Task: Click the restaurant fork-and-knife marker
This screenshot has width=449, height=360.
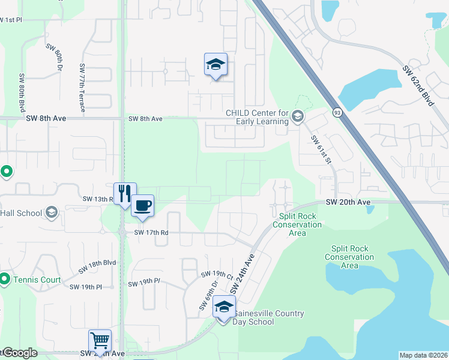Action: click(x=125, y=193)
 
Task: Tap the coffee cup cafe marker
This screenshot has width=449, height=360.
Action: click(x=142, y=206)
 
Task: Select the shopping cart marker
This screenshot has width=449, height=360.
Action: click(x=100, y=341)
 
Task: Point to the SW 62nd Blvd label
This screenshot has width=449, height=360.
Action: click(x=418, y=86)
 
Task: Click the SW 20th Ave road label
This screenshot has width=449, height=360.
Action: click(x=348, y=203)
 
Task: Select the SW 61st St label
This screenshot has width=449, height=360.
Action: click(x=321, y=149)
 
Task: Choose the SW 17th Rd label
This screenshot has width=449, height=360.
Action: click(x=149, y=233)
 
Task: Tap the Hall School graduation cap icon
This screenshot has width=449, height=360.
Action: click(x=52, y=212)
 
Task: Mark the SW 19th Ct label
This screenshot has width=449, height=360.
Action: click(x=217, y=275)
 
